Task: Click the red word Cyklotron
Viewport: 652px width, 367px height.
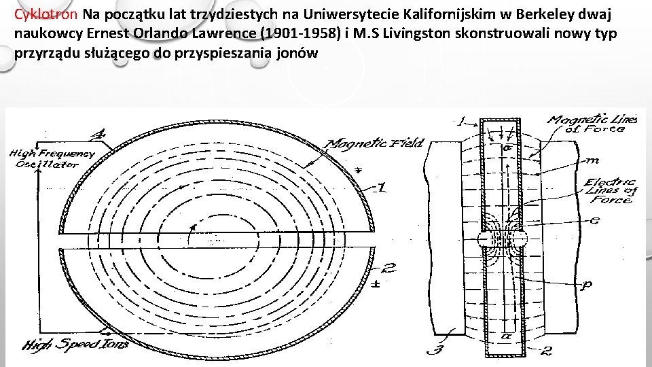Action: click(x=47, y=14)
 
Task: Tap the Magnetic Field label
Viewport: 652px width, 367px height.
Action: click(x=375, y=143)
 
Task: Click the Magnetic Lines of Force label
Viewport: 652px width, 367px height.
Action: click(x=592, y=124)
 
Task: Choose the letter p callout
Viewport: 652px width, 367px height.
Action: click(x=586, y=285)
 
